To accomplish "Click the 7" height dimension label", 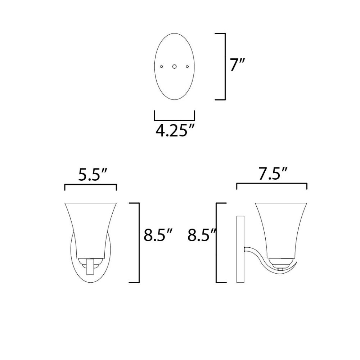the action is [237, 65].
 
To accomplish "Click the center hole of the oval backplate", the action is [175, 66].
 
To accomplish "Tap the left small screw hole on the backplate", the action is [162, 66].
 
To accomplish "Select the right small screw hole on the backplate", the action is [187, 66].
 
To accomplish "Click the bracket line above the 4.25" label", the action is [175, 120].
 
